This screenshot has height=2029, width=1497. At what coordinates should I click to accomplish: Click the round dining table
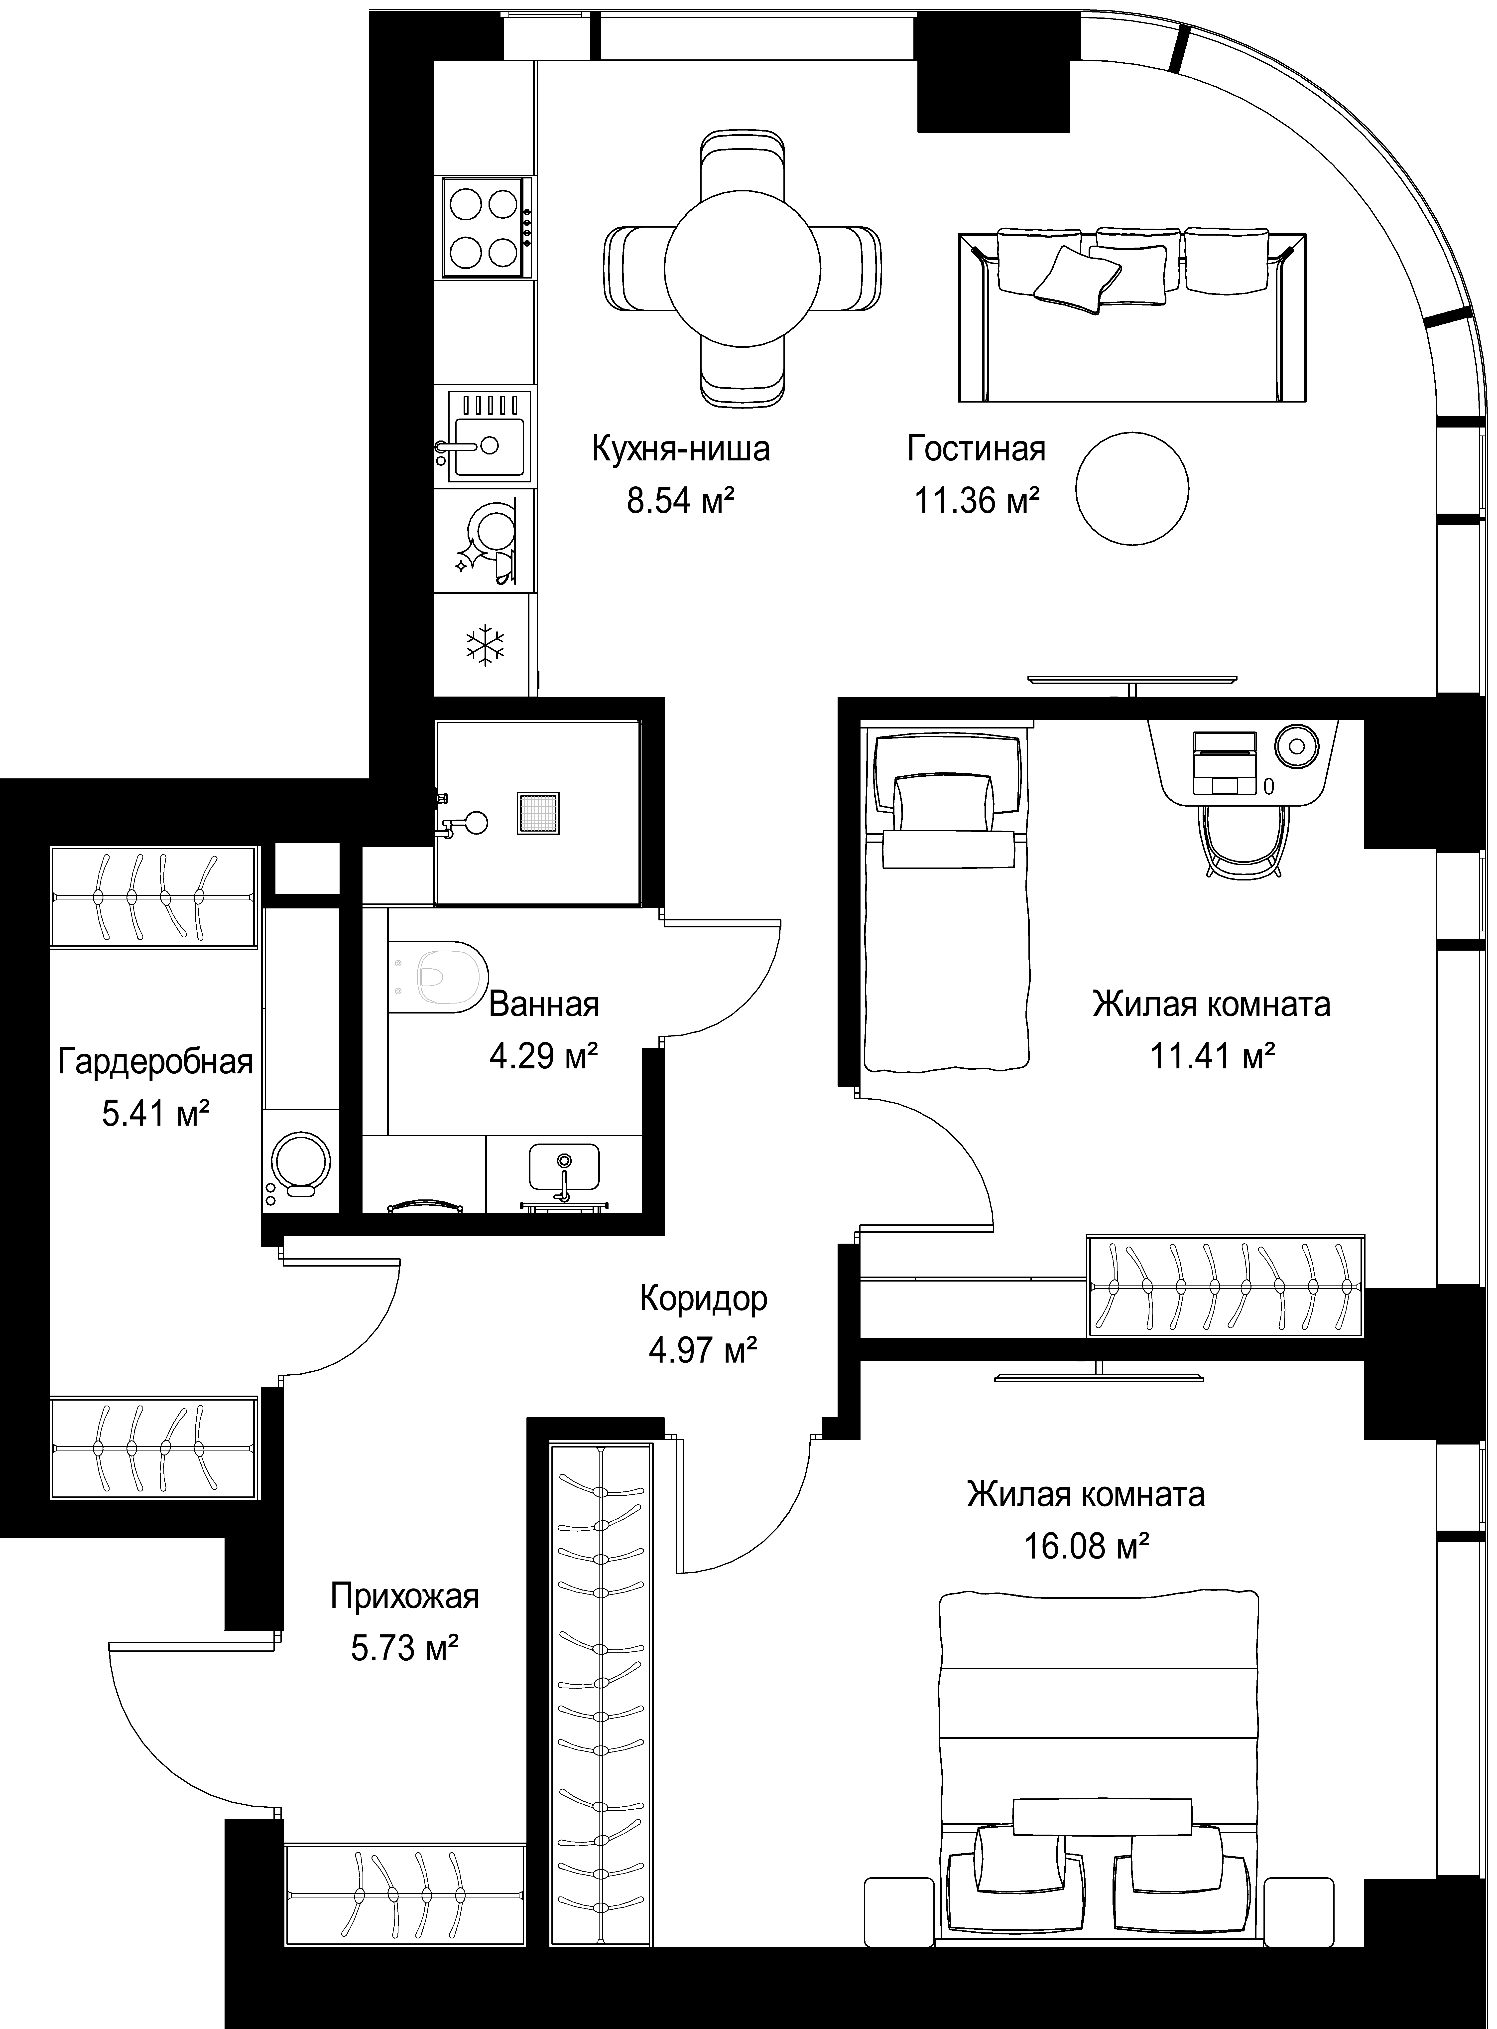[x=743, y=269]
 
